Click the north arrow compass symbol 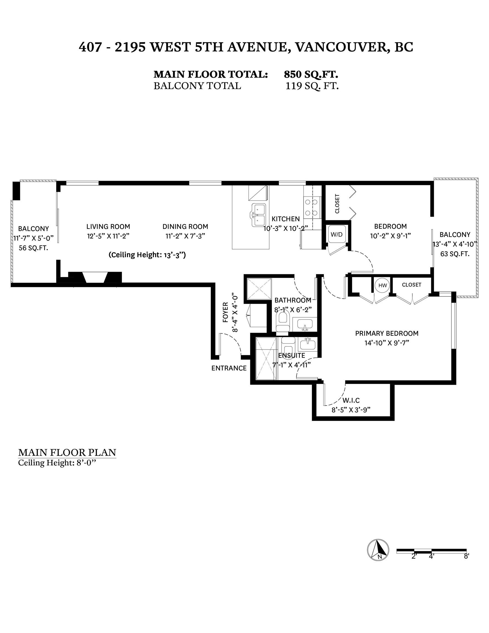click(x=378, y=550)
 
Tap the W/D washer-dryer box click(x=337, y=234)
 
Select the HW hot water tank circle click(x=383, y=285)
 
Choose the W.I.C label click(x=351, y=400)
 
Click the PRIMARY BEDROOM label click(x=387, y=333)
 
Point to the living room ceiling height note click(x=147, y=255)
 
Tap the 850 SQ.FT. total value click(x=311, y=74)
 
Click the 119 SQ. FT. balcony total click(x=312, y=86)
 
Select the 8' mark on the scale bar click(x=466, y=556)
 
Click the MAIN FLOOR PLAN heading click(x=67, y=452)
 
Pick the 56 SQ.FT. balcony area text click(x=33, y=248)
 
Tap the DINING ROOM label click(x=185, y=226)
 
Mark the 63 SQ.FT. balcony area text click(x=455, y=254)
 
